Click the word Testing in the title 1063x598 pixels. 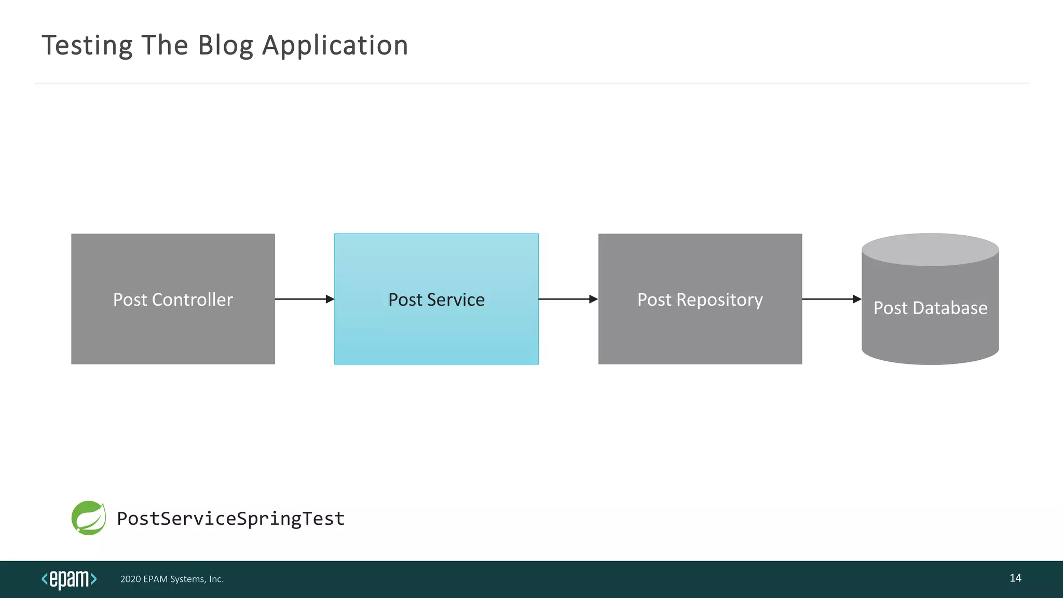87,46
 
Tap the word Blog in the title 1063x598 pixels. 225,46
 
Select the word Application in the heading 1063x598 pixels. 335,46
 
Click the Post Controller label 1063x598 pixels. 173,300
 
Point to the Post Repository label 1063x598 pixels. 700,300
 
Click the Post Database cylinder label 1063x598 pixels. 930,308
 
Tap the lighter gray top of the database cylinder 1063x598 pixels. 930,250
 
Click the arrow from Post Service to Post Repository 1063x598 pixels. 568,299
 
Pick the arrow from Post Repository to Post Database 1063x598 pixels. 832,299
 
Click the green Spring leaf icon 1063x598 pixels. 89,518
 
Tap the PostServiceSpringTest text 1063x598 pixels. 230,519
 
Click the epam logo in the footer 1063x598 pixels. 69,579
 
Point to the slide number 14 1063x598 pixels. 1015,578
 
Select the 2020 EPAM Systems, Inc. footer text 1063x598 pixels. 172,579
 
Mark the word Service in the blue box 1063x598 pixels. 455,300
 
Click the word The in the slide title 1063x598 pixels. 165,46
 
